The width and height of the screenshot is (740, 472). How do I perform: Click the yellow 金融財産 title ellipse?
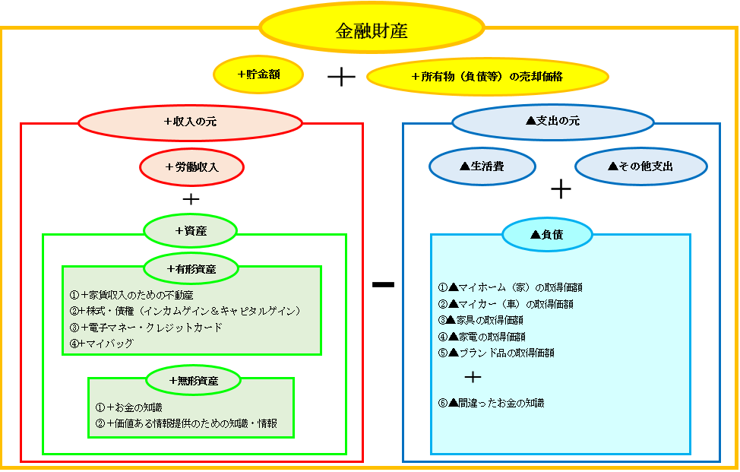(x=372, y=27)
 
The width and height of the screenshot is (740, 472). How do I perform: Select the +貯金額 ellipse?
(x=258, y=74)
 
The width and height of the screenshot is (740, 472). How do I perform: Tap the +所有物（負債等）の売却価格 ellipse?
(x=488, y=76)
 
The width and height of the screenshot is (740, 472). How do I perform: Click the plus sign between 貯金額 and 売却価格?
(x=341, y=77)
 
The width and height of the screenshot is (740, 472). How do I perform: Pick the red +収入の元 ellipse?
(x=190, y=122)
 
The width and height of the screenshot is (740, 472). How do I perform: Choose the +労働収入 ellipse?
(x=191, y=167)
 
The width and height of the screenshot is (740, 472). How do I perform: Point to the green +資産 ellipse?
(x=190, y=231)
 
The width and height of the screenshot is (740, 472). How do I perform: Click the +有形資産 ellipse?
(x=191, y=268)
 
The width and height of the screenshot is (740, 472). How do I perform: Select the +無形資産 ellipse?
(x=193, y=381)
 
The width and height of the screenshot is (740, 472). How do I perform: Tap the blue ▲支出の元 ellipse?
(x=553, y=122)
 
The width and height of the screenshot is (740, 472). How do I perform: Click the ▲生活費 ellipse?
(x=482, y=166)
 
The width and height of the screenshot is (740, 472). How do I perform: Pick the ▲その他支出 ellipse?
(x=641, y=166)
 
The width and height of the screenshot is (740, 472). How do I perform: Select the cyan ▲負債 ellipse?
(x=547, y=235)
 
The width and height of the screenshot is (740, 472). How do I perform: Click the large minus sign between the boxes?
(x=383, y=284)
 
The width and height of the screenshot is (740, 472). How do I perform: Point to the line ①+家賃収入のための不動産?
(x=131, y=296)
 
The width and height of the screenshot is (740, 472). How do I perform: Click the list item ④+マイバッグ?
(x=102, y=344)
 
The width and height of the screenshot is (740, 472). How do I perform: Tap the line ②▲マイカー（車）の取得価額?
(x=506, y=304)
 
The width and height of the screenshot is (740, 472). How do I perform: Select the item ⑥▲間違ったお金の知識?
(x=492, y=403)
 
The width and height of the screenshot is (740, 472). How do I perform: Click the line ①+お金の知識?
(x=129, y=407)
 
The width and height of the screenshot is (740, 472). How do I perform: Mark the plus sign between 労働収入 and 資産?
(x=191, y=200)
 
